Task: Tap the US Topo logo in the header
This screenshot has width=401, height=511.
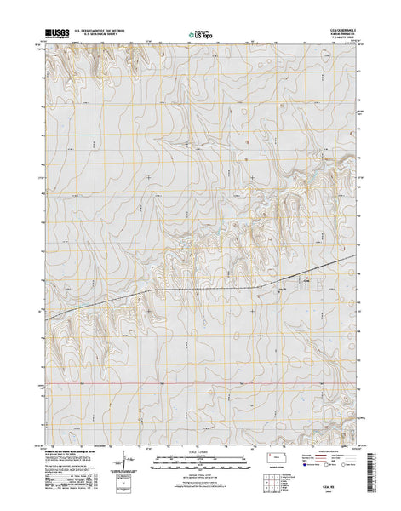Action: pyautogui.click(x=201, y=36)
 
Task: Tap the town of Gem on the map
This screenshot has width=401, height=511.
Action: pyautogui.click(x=303, y=287)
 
